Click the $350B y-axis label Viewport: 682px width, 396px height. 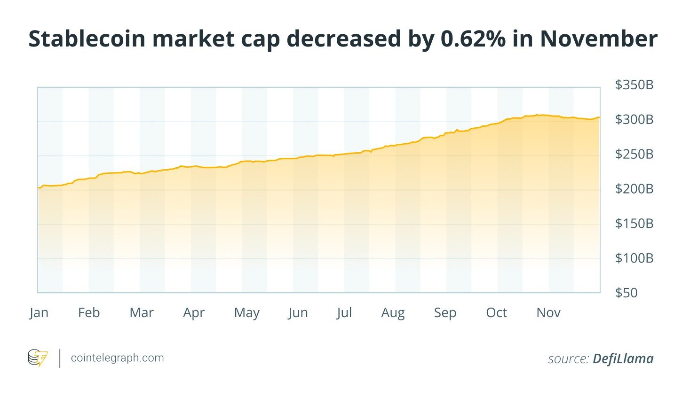634,85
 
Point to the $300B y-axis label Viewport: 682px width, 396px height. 634,120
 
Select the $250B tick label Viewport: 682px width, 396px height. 634,154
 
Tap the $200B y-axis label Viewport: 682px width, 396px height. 634,189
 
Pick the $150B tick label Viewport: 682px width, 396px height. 634,224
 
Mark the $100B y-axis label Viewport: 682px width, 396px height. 634,258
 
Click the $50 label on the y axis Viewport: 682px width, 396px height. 626,293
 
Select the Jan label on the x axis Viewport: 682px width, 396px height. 39,313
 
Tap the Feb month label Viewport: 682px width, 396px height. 89,313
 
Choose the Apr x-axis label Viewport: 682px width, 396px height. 194,313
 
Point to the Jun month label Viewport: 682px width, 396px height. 298,313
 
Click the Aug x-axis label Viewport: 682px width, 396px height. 393,313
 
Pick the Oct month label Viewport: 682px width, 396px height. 496,313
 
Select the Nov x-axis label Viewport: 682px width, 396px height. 548,313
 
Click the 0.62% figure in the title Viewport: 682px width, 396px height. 473,39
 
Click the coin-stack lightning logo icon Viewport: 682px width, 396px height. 38,358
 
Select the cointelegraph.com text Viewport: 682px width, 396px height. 117,358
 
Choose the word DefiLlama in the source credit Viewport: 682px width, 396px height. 623,359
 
